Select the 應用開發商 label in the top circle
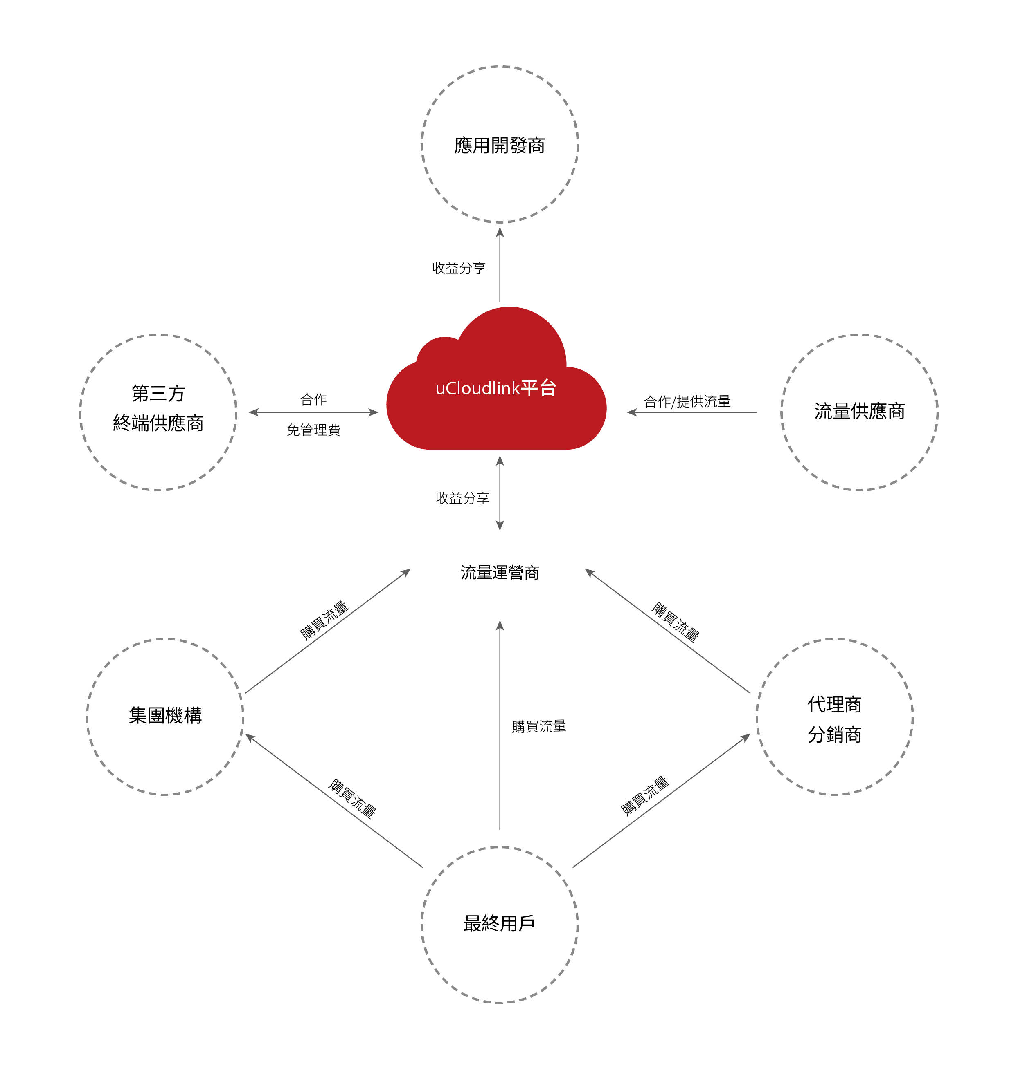(x=499, y=146)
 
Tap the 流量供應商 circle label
(x=859, y=411)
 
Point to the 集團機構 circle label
(x=165, y=716)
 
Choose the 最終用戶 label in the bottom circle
(x=499, y=924)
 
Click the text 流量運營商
(x=499, y=573)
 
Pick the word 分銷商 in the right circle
(x=834, y=735)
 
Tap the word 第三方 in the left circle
(x=158, y=393)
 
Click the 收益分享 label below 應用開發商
(x=459, y=268)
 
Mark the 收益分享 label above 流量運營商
(x=462, y=498)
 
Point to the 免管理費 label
(x=313, y=430)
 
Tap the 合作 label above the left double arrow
(x=313, y=400)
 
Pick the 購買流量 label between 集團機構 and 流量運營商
(x=324, y=620)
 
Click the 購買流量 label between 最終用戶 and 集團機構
(x=351, y=799)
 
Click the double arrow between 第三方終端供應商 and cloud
(x=313, y=412)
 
